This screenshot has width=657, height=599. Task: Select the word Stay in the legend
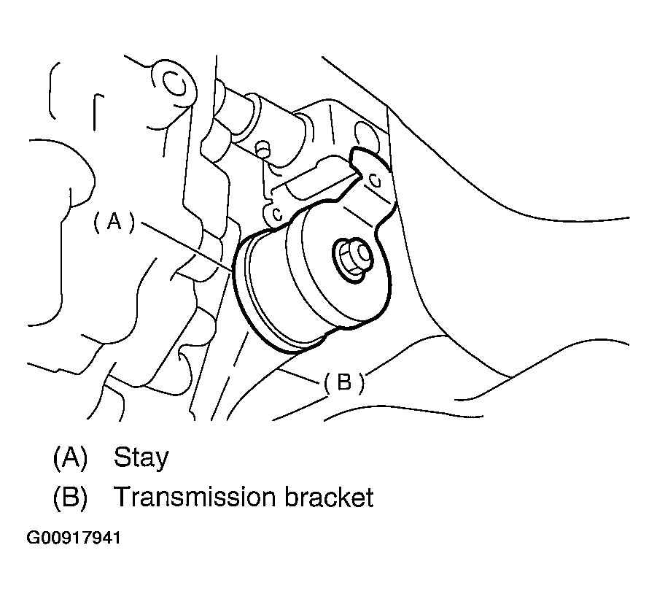141,457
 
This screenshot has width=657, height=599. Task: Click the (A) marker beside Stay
70,457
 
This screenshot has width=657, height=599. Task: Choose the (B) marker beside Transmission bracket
70,498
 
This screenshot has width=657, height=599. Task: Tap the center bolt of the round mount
353,256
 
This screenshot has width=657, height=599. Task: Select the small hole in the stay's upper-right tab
373,179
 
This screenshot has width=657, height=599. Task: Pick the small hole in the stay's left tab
277,214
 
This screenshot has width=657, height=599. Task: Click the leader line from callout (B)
299,374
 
